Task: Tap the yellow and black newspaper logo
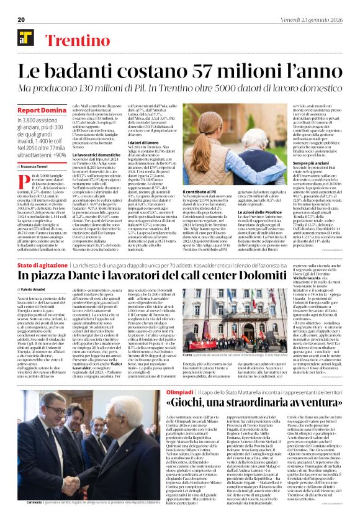tap(26, 37)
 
